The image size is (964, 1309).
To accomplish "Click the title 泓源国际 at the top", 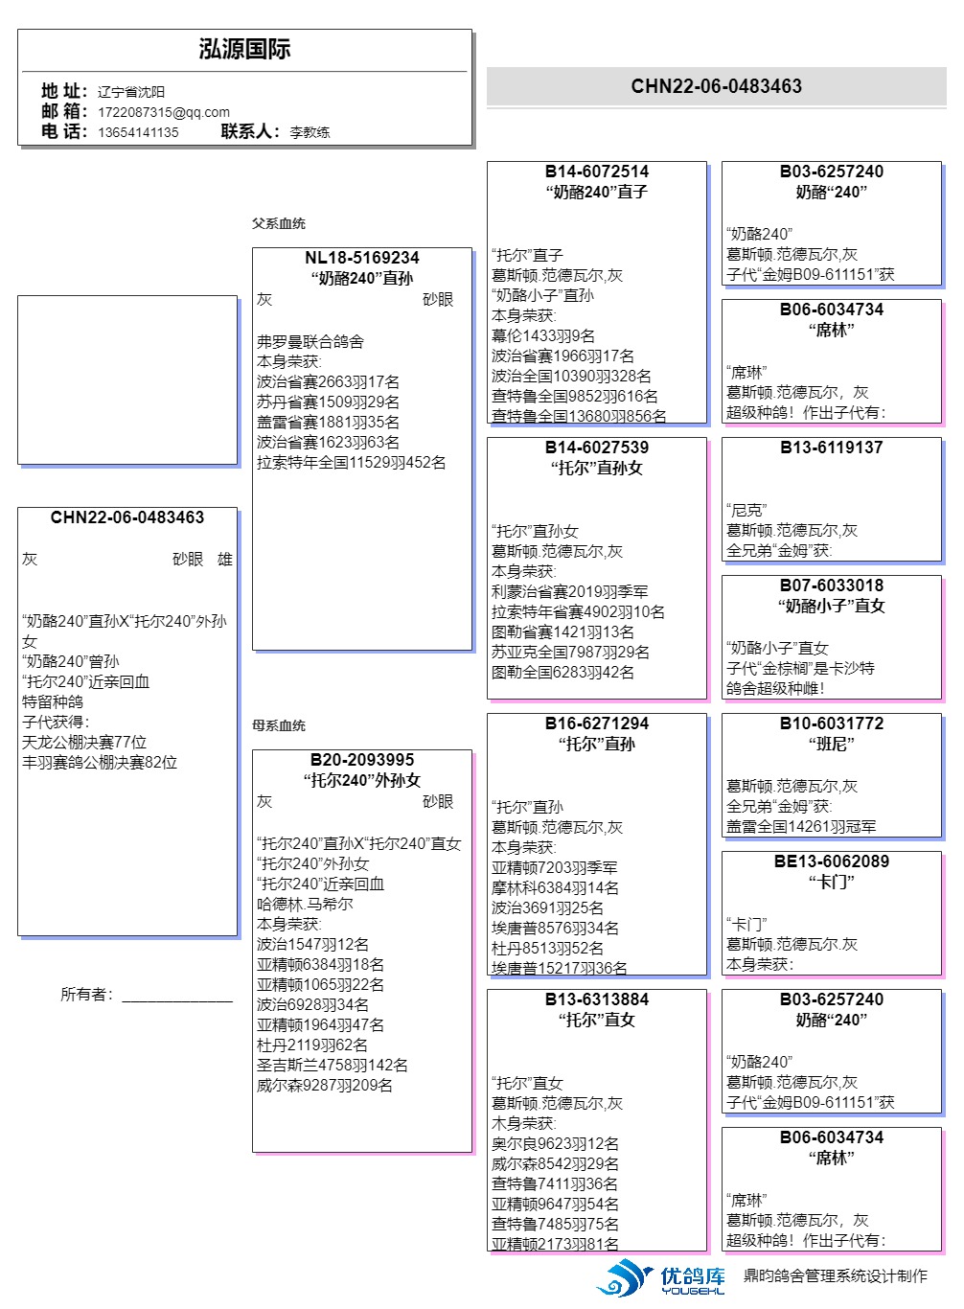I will click(244, 50).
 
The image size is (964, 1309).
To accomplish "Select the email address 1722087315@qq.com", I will click(164, 112).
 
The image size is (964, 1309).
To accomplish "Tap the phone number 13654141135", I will click(138, 132).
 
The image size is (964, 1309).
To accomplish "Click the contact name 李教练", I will click(310, 132).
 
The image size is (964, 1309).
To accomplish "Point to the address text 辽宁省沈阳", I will click(131, 92).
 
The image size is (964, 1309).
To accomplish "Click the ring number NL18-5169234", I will click(362, 258).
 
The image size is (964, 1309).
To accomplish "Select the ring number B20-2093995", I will click(362, 760).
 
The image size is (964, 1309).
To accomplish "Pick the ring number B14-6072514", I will click(597, 172).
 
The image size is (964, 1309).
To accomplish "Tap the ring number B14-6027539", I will click(597, 448).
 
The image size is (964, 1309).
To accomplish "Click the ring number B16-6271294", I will click(597, 723).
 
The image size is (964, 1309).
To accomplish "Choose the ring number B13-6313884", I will click(597, 999).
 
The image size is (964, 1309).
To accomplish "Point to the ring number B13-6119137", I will click(832, 448).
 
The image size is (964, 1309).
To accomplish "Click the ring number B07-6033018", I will click(832, 586).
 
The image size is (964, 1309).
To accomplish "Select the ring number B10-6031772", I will click(832, 723).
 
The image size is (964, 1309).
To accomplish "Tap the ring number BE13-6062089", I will click(832, 861).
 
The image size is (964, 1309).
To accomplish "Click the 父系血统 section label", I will click(279, 223).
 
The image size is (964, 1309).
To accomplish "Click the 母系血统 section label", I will click(279, 725).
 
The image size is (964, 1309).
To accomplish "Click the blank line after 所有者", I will click(177, 997).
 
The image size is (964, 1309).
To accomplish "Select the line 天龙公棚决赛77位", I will click(84, 743).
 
